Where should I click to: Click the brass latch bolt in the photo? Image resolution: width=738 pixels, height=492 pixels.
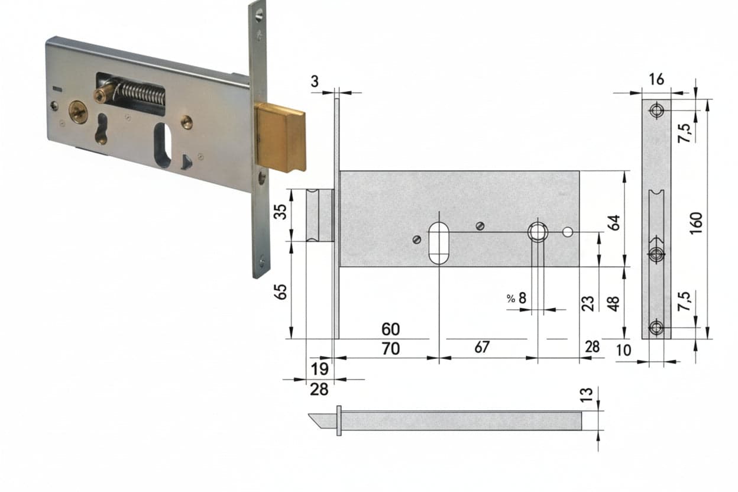pos(281,137)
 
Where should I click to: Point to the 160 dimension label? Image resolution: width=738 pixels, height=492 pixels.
pos(696,224)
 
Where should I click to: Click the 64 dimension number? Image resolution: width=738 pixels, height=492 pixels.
pos(614,222)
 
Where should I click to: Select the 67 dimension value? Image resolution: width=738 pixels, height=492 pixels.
pos(482,347)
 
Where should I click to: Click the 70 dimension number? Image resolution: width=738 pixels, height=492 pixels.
pos(391,348)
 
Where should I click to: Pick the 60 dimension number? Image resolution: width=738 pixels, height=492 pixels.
pos(391,329)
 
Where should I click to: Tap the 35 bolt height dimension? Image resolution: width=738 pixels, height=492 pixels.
pos(280,212)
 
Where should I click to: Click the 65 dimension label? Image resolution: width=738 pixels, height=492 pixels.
pos(280,292)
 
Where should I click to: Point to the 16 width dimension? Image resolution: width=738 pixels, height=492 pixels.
pos(656,80)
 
